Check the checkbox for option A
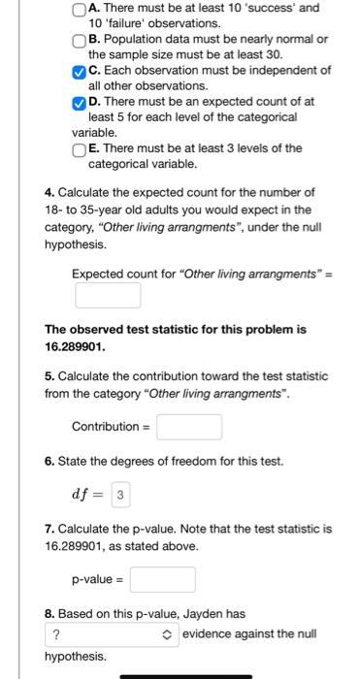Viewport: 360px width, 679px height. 80,9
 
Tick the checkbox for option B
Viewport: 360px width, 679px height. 80,41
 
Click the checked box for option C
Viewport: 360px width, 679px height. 80,72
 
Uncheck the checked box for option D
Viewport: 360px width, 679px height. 80,103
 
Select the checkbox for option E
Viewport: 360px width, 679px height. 80,149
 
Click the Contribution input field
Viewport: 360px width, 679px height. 189,427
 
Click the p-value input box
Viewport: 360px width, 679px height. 163,580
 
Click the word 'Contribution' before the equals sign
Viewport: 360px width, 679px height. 105,427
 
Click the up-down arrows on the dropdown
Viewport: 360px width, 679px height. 168,634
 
